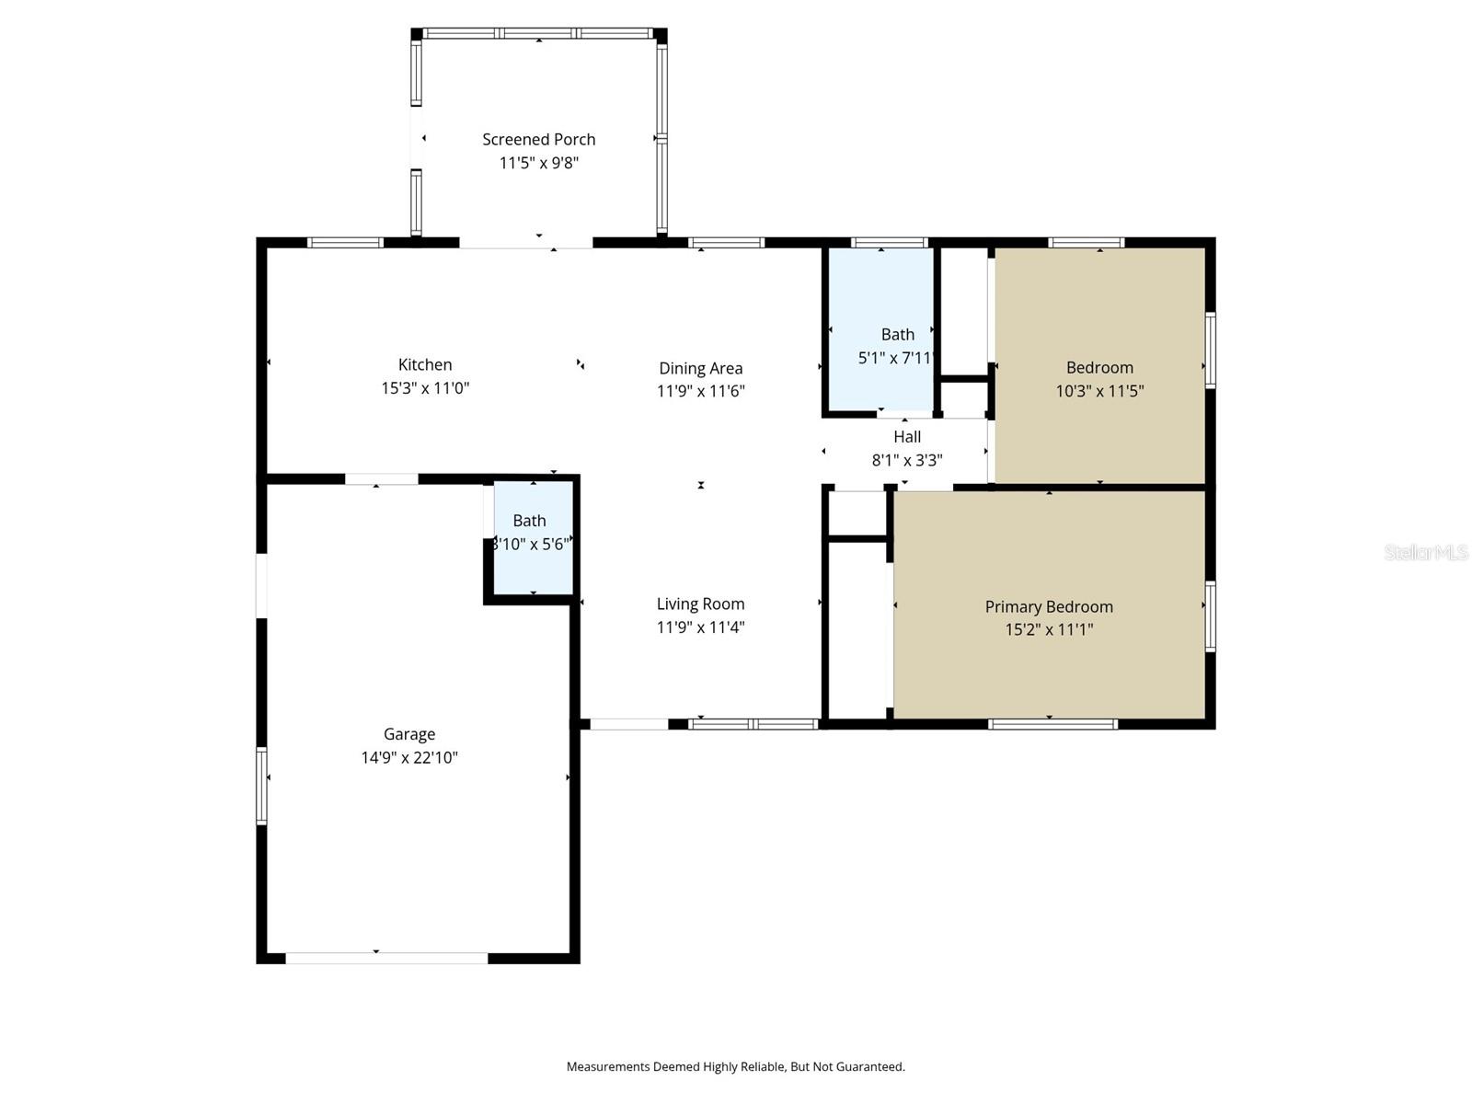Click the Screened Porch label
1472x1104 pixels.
538,139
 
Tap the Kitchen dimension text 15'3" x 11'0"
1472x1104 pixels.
425,388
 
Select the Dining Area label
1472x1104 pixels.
700,368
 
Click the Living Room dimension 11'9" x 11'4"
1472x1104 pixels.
700,627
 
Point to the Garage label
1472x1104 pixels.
409,734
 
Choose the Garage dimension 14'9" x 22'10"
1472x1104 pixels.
409,758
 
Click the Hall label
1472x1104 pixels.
906,437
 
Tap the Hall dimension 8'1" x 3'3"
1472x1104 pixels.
906,460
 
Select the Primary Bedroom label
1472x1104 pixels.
1049,606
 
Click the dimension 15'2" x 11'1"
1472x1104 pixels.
1049,630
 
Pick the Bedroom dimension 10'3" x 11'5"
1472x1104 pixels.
1099,391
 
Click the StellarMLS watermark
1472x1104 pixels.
1425,552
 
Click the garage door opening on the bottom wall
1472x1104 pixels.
386,958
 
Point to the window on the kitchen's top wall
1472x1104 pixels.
345,243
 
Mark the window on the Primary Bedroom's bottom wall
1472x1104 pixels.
1052,724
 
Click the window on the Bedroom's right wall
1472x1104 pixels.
1211,351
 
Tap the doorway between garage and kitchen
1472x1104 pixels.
381,479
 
